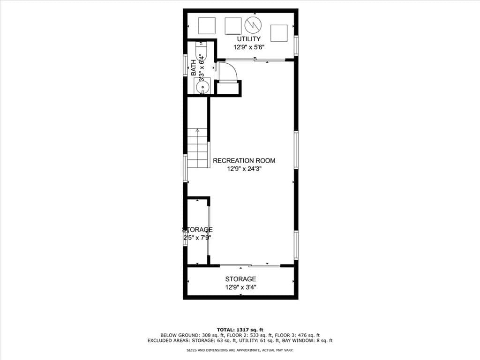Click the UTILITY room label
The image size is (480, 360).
tap(248, 39)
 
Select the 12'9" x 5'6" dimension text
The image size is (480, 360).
tap(248, 47)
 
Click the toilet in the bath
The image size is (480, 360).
tap(201, 50)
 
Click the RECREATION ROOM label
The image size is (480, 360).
tap(244, 161)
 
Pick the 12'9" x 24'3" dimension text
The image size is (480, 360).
tap(244, 169)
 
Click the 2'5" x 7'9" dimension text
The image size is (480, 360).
tap(197, 238)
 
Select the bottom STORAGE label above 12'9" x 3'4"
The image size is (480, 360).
tap(240, 279)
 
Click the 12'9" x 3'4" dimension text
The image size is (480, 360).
tap(240, 288)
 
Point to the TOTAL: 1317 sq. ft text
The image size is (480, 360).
tap(240, 330)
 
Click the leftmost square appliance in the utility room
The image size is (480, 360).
tap(207, 25)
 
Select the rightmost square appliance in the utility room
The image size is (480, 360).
tap(278, 33)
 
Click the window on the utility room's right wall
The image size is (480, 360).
tap(296, 45)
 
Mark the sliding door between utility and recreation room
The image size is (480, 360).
tap(255, 60)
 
